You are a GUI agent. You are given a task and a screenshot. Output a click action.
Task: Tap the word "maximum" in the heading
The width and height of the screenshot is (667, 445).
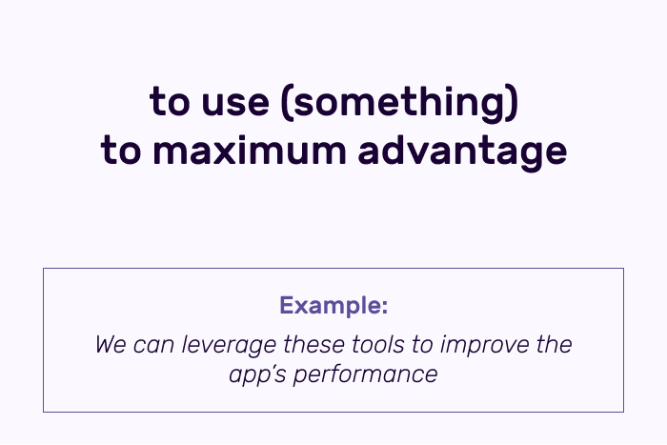click(250, 150)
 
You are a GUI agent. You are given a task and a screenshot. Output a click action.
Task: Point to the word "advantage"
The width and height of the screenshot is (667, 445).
click(462, 151)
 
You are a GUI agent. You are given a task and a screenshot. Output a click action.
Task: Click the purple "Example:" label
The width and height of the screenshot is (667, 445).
click(333, 305)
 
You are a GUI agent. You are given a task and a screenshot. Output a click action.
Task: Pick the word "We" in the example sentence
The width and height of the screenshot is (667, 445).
click(111, 345)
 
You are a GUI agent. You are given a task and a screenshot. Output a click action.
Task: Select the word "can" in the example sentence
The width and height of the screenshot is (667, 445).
click(153, 346)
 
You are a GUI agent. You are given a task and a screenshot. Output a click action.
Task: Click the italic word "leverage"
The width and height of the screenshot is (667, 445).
click(229, 346)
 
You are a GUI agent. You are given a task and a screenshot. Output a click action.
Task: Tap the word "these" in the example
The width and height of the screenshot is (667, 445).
click(313, 345)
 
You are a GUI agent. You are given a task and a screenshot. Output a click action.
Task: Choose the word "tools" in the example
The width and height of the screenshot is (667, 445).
click(378, 345)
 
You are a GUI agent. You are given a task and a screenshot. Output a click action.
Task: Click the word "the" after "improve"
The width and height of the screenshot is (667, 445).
click(554, 345)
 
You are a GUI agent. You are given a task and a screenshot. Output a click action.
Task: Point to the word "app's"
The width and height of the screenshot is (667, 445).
click(257, 376)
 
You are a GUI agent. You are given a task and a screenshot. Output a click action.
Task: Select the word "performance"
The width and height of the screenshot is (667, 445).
click(365, 376)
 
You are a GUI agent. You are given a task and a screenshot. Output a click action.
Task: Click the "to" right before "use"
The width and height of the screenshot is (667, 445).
click(170, 102)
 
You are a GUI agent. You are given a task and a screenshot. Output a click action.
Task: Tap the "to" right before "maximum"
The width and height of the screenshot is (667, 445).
click(121, 150)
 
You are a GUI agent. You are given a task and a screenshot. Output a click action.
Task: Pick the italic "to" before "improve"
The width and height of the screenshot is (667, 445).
click(422, 346)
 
